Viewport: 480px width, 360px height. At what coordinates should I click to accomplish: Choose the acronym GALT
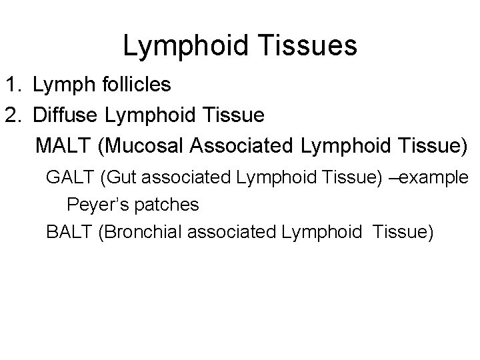pyautogui.click(x=71, y=178)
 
